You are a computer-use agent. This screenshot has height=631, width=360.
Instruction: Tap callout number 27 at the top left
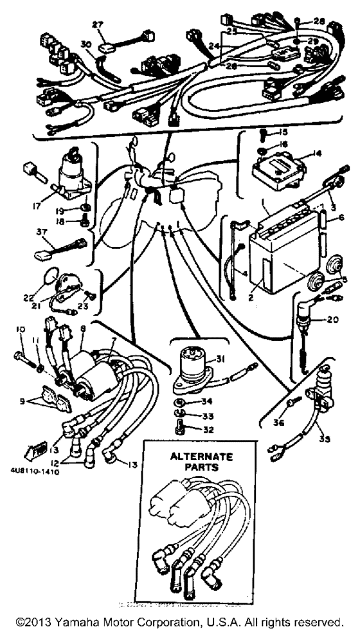pos(97,24)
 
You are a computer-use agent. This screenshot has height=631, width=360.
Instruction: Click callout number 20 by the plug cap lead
pos(332,319)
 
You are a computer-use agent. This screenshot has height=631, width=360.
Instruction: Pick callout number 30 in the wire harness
pos(85,43)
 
